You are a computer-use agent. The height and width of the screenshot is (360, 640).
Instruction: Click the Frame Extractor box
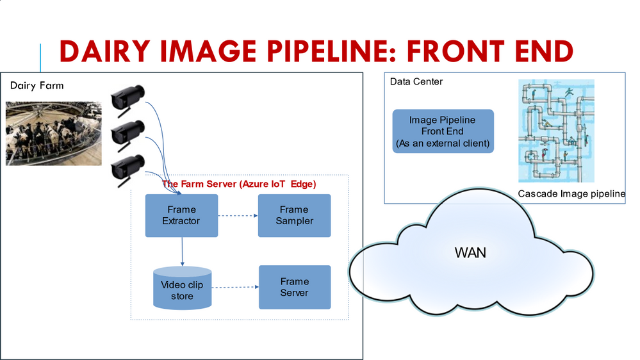click(x=182, y=215)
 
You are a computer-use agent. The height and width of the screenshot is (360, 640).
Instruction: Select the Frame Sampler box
click(x=294, y=215)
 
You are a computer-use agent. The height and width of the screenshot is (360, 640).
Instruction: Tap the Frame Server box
click(x=294, y=287)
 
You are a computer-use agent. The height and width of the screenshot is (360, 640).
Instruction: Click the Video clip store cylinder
click(x=182, y=288)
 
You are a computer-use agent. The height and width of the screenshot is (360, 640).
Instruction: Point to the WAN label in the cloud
click(x=470, y=252)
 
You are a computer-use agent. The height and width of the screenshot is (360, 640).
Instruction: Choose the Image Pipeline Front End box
click(x=442, y=132)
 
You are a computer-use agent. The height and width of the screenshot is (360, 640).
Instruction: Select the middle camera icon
click(x=127, y=133)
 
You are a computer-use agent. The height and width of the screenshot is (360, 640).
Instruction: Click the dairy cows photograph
click(x=54, y=133)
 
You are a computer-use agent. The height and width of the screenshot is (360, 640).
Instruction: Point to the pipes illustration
click(x=556, y=131)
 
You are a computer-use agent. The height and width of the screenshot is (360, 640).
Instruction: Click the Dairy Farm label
click(x=37, y=85)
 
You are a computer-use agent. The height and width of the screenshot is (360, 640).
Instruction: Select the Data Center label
click(x=416, y=81)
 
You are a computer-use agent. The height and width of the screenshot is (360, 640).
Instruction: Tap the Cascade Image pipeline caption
click(x=571, y=193)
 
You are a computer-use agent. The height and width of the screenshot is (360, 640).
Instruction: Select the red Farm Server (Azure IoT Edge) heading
click(x=239, y=183)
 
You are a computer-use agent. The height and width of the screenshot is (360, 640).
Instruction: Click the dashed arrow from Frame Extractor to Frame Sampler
click(x=238, y=216)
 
